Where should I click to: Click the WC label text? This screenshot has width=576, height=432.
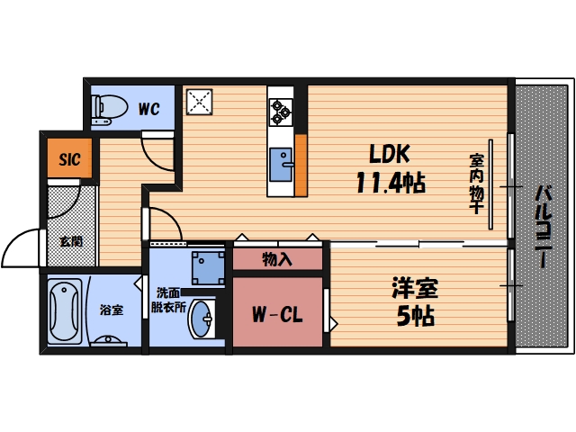(149, 110)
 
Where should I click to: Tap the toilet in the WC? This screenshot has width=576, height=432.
(109, 107)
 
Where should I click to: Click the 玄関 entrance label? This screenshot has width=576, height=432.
(70, 241)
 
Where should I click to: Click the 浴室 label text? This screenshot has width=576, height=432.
(112, 310)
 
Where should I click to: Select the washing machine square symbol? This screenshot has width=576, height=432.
(208, 266)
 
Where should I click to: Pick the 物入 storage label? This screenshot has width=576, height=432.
(277, 259)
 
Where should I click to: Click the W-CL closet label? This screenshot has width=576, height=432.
(276, 315)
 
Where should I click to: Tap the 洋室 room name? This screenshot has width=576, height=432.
(414, 291)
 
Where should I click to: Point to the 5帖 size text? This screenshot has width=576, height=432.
(414, 316)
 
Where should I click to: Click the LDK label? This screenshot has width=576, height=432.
(390, 155)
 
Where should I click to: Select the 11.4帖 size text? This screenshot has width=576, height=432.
(389, 184)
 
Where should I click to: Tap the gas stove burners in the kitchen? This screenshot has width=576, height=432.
(281, 111)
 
